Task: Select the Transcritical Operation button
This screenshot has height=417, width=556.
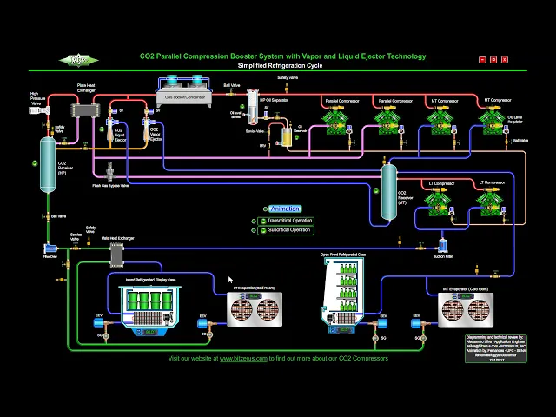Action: (289, 221)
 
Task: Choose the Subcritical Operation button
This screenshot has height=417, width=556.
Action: (288, 230)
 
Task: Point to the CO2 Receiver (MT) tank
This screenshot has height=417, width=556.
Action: (389, 190)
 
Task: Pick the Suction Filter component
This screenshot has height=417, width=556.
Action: (441, 245)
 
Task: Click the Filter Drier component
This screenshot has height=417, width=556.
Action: (50, 246)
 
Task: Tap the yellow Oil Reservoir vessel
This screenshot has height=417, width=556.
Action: (286, 136)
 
